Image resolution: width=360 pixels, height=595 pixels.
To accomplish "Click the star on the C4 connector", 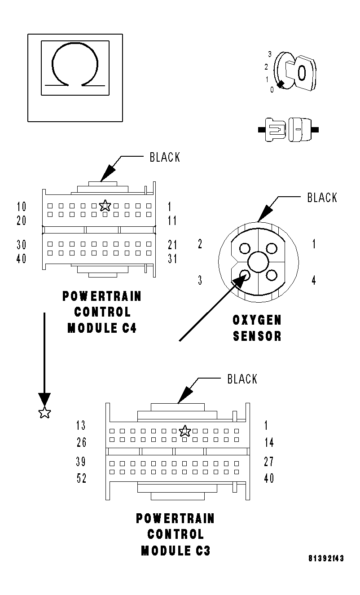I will (105, 206).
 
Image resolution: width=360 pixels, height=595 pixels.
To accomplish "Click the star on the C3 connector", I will (184, 431).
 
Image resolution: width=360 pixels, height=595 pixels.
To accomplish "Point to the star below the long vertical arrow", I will (44, 413).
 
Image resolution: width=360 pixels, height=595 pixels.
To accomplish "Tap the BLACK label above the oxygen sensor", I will (322, 198).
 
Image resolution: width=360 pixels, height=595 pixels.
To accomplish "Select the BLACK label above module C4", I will (164, 157).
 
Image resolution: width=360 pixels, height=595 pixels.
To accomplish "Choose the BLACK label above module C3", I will (242, 379).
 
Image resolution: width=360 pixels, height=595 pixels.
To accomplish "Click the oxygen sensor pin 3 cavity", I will (245, 274).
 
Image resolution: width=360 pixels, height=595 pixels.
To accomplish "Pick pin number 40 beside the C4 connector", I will (21, 259).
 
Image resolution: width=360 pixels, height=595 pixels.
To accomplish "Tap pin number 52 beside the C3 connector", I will (81, 479).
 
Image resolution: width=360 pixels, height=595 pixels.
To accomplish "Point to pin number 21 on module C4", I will (172, 245).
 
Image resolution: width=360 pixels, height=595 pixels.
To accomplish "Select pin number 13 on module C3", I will (81, 426).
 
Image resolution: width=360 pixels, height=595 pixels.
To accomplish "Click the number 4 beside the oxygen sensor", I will (314, 281).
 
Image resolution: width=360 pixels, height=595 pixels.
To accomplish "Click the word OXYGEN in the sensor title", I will (257, 320).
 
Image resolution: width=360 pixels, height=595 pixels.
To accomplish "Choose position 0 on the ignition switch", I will (272, 90).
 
